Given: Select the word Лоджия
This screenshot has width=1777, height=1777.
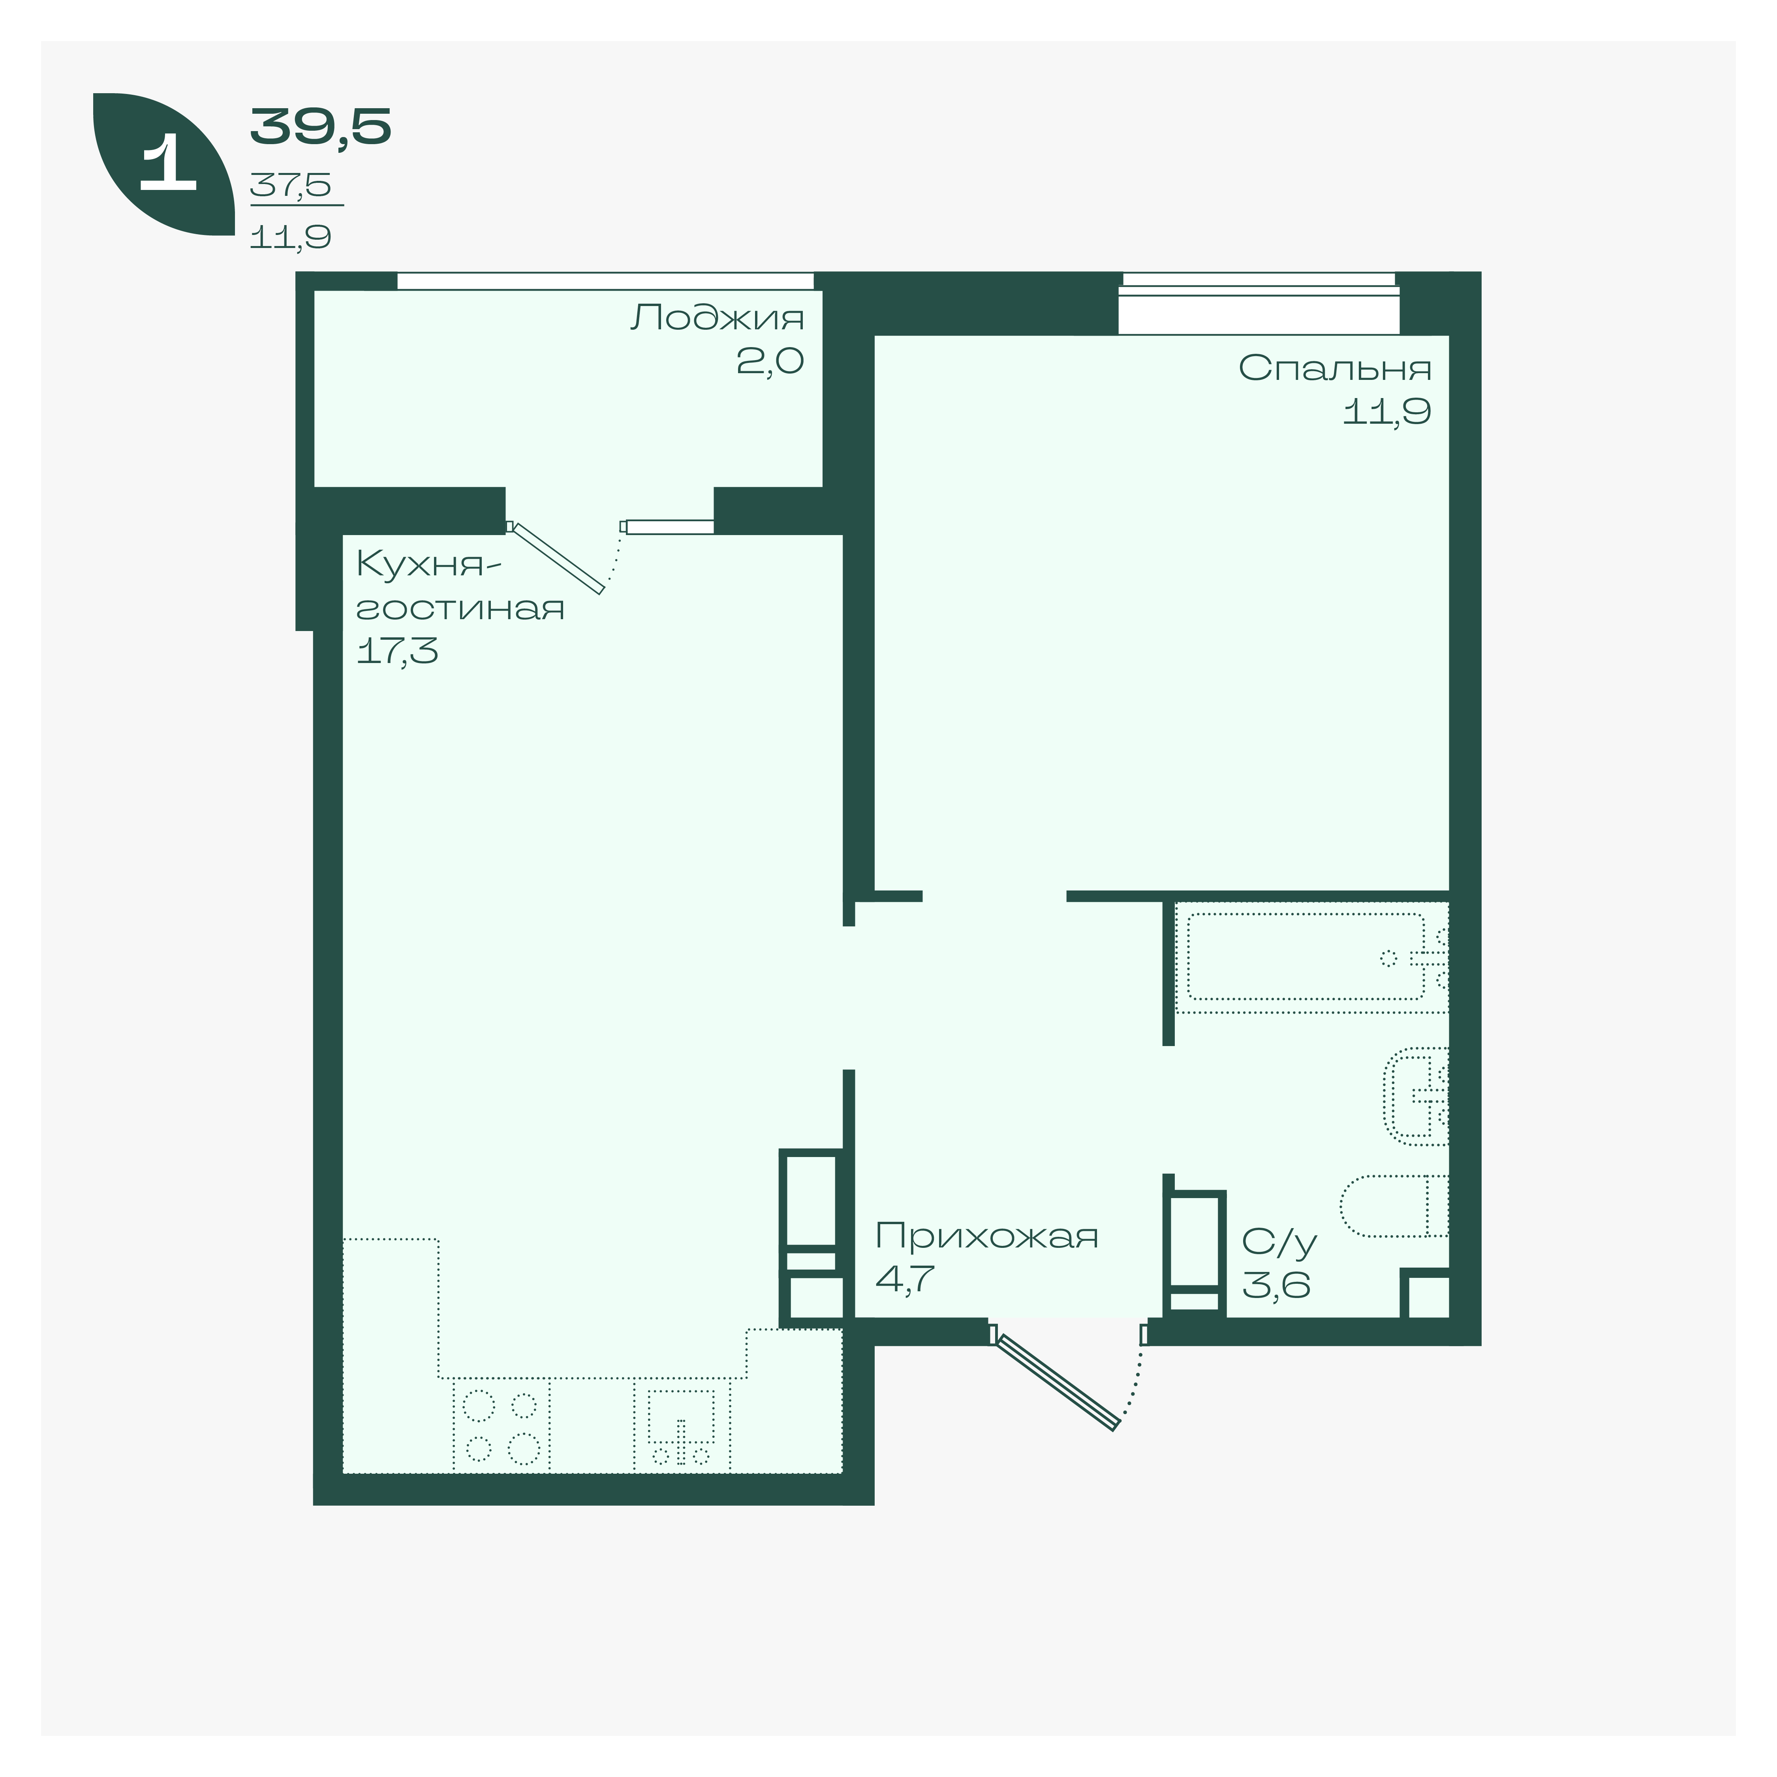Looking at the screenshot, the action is coord(718,318).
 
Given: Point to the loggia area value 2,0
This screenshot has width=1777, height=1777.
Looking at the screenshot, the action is coord(770,361).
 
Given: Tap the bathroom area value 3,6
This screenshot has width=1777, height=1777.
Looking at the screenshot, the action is coord(1277,1284).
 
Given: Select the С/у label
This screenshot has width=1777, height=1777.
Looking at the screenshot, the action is coord(1279,1242).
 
